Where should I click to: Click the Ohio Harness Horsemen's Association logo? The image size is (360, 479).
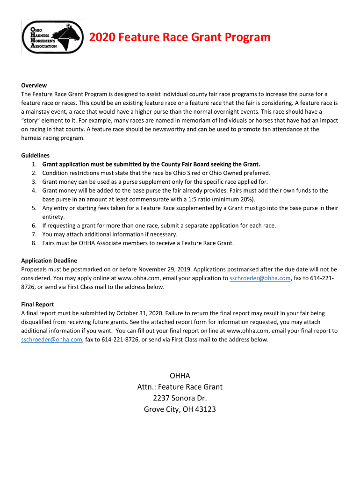pyautogui.click(x=52, y=37)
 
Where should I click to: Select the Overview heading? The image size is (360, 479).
pyautogui.click(x=34, y=85)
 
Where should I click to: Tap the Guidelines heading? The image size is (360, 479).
pyautogui.click(x=36, y=155)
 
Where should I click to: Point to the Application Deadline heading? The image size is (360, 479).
pyautogui.click(x=49, y=261)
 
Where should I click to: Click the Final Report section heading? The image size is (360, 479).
pyautogui.click(x=37, y=305)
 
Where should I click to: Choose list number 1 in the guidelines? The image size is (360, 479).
pyautogui.click(x=35, y=164)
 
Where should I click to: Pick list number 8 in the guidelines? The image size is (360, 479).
pyautogui.click(x=35, y=243)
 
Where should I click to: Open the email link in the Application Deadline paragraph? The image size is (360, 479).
pyautogui.click(x=260, y=278)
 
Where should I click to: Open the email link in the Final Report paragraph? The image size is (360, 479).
pyautogui.click(x=51, y=340)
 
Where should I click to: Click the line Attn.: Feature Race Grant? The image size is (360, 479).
pyautogui.click(x=180, y=387)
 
